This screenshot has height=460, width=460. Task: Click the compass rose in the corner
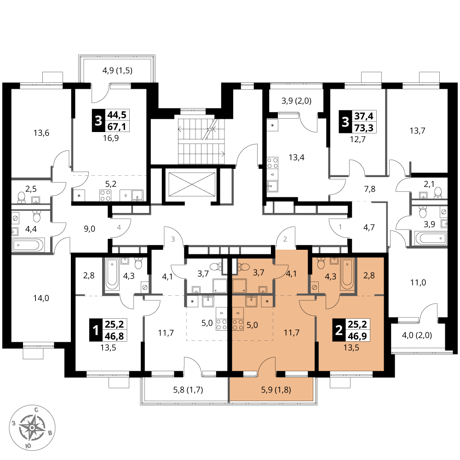point(33,427)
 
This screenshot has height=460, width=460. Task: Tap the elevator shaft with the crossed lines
point(192,184)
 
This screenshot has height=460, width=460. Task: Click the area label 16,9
point(111,138)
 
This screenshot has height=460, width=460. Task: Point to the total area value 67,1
point(117,126)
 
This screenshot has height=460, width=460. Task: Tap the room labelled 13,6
point(41,133)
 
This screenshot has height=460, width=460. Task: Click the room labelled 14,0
point(41,298)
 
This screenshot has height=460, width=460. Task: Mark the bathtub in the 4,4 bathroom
point(28,245)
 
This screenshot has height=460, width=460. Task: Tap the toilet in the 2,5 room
point(22,198)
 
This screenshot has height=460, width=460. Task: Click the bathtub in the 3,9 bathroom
point(431,238)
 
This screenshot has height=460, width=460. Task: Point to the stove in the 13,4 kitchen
point(272,163)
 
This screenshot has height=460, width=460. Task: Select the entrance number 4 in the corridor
point(119,227)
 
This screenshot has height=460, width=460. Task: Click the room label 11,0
point(418,282)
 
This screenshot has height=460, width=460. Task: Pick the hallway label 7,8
point(370,189)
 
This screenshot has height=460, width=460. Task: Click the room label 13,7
point(418,130)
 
